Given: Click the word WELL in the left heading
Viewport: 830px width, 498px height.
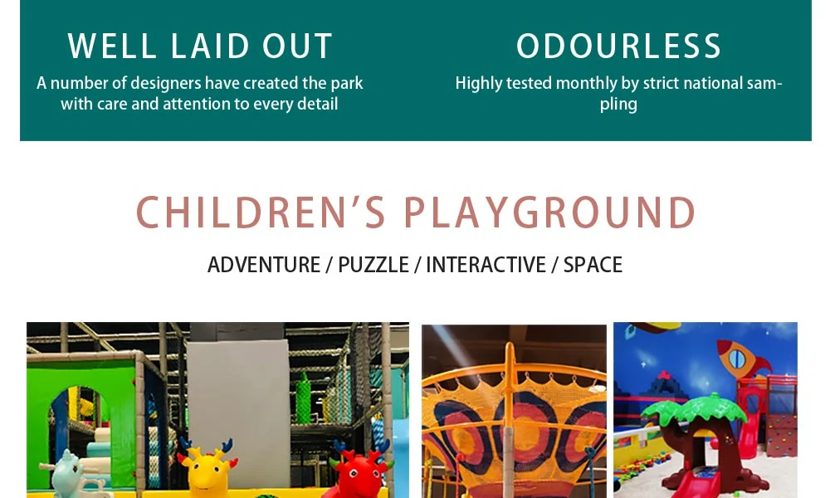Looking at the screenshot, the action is [112, 46].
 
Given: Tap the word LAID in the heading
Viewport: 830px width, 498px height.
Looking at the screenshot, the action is [210, 46].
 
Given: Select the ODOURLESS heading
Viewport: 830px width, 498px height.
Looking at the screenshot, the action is [619, 46].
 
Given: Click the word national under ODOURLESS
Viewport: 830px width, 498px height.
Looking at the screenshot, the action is [713, 83].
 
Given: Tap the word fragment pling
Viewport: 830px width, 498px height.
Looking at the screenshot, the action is [618, 105].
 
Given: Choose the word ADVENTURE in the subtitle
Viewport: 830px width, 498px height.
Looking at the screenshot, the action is [264, 265].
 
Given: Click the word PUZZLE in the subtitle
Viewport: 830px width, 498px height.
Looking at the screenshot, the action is [373, 265].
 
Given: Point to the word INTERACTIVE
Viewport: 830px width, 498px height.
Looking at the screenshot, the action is [486, 265].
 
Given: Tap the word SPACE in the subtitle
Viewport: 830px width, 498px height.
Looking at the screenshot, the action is [593, 265].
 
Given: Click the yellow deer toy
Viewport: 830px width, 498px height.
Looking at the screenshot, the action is [207, 468].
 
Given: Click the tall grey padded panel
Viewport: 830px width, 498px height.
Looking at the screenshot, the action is [239, 403].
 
